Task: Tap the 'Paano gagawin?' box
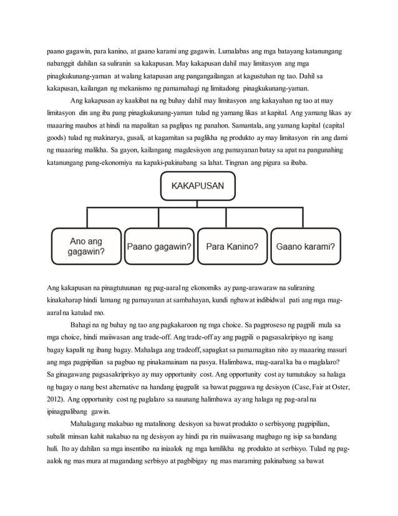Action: pos(159,246)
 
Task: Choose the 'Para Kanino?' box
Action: pos(233,246)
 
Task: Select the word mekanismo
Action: pos(130,89)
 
